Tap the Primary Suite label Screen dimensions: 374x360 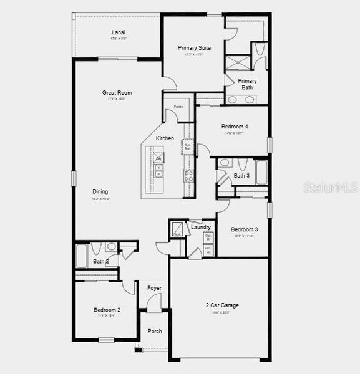coord(194,47)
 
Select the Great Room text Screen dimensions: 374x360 coord(117,93)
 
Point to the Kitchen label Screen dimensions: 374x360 coord(165,138)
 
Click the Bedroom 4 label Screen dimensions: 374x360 coord(235,127)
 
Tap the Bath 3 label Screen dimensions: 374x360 coord(241,176)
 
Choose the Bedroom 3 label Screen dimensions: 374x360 coord(244,229)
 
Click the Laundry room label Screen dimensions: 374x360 coord(201,228)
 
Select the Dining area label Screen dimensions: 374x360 coord(100,192)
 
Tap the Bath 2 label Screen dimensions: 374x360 coord(101,262)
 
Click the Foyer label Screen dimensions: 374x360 coord(154,289)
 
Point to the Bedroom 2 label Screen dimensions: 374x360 coord(107,310)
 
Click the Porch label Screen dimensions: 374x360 coord(154,331)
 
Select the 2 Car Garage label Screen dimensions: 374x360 coord(222,305)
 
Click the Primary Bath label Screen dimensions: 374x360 coord(247,84)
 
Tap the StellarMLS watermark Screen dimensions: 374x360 coord(331,187)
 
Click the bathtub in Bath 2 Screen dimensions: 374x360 coord(82,256)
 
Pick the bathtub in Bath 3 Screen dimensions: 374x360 coord(261,173)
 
